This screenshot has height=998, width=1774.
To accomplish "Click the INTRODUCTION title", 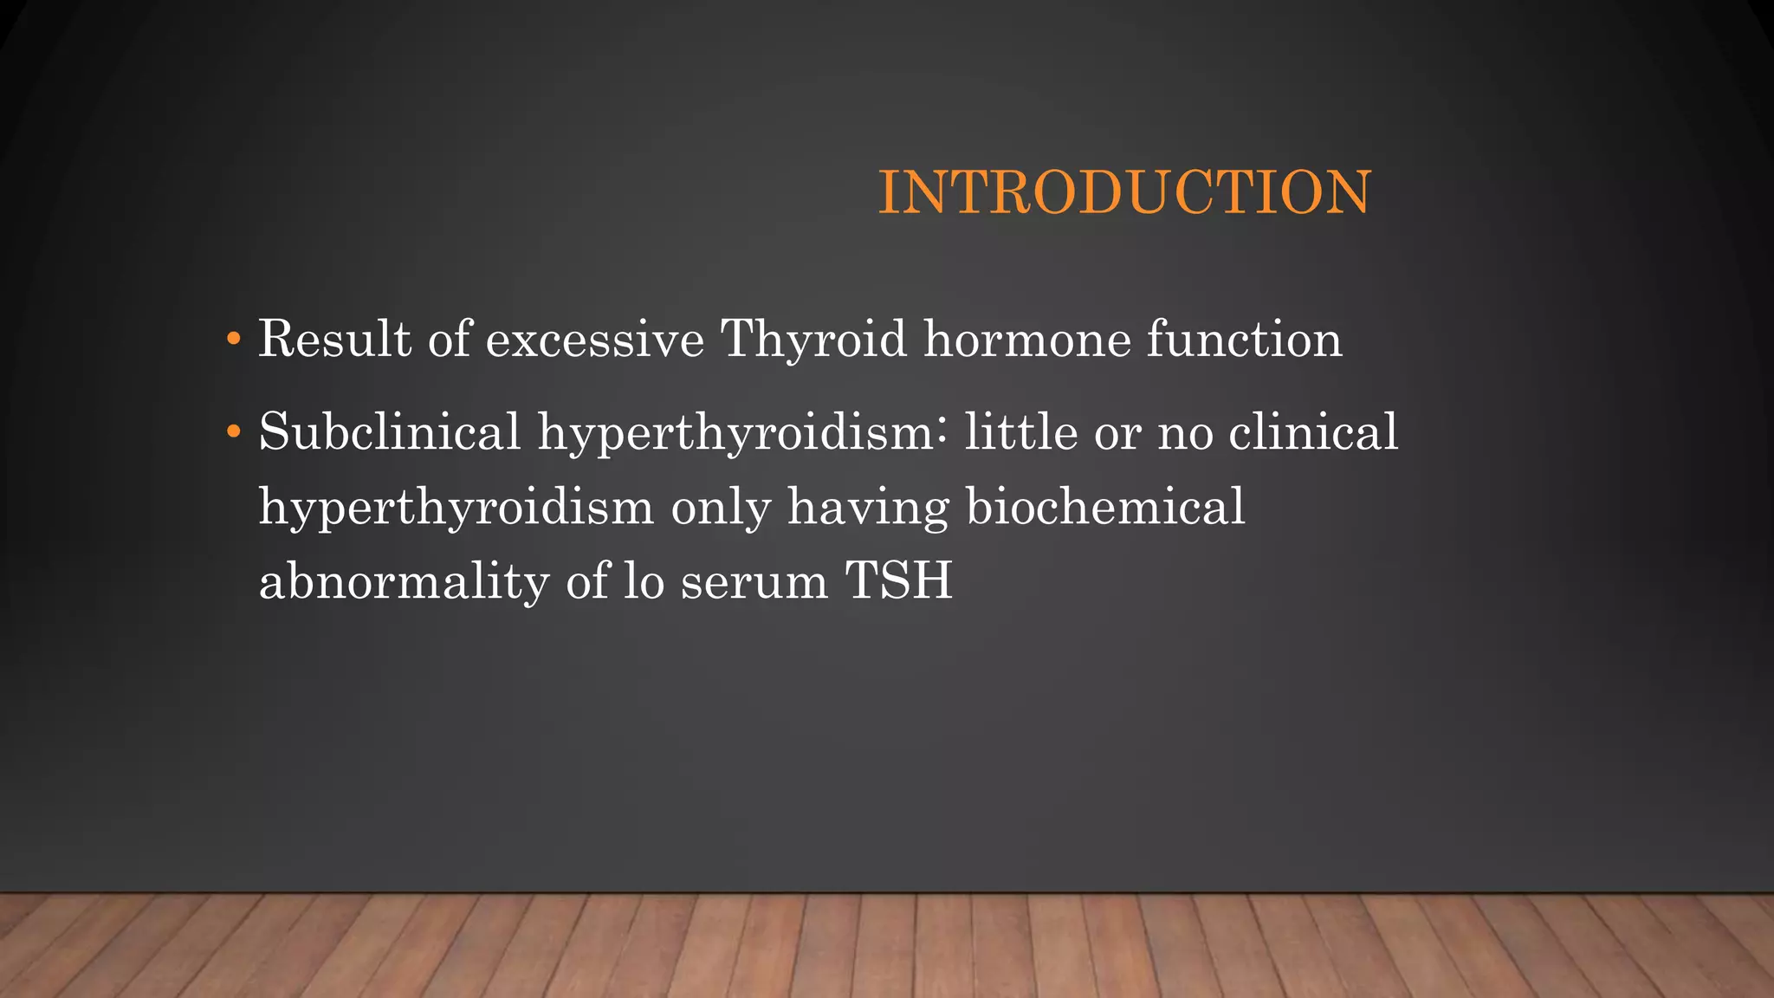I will [x=1124, y=192].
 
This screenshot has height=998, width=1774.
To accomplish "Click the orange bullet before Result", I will [x=232, y=339].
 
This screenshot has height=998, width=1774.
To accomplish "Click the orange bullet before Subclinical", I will [x=232, y=431].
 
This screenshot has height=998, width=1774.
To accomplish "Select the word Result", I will [x=334, y=339].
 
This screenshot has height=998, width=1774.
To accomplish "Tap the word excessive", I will [x=594, y=339].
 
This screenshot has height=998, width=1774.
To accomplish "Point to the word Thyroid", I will [x=813, y=339].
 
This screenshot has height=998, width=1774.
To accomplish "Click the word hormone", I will [x=1027, y=339].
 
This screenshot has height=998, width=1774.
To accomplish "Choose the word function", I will [x=1245, y=339].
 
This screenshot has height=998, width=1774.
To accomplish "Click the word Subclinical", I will [x=390, y=431].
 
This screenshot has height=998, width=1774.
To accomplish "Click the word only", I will [x=721, y=506].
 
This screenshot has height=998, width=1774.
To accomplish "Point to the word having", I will [x=868, y=506].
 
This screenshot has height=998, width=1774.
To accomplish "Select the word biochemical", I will [x=1105, y=506].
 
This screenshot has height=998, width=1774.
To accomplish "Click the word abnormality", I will [x=404, y=580].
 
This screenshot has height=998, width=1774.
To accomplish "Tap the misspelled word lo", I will [x=644, y=580].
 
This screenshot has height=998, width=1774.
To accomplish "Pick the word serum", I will [x=754, y=580].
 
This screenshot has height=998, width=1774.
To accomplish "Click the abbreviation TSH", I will [x=899, y=580].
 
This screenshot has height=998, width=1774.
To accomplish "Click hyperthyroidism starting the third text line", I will [x=456, y=506].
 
